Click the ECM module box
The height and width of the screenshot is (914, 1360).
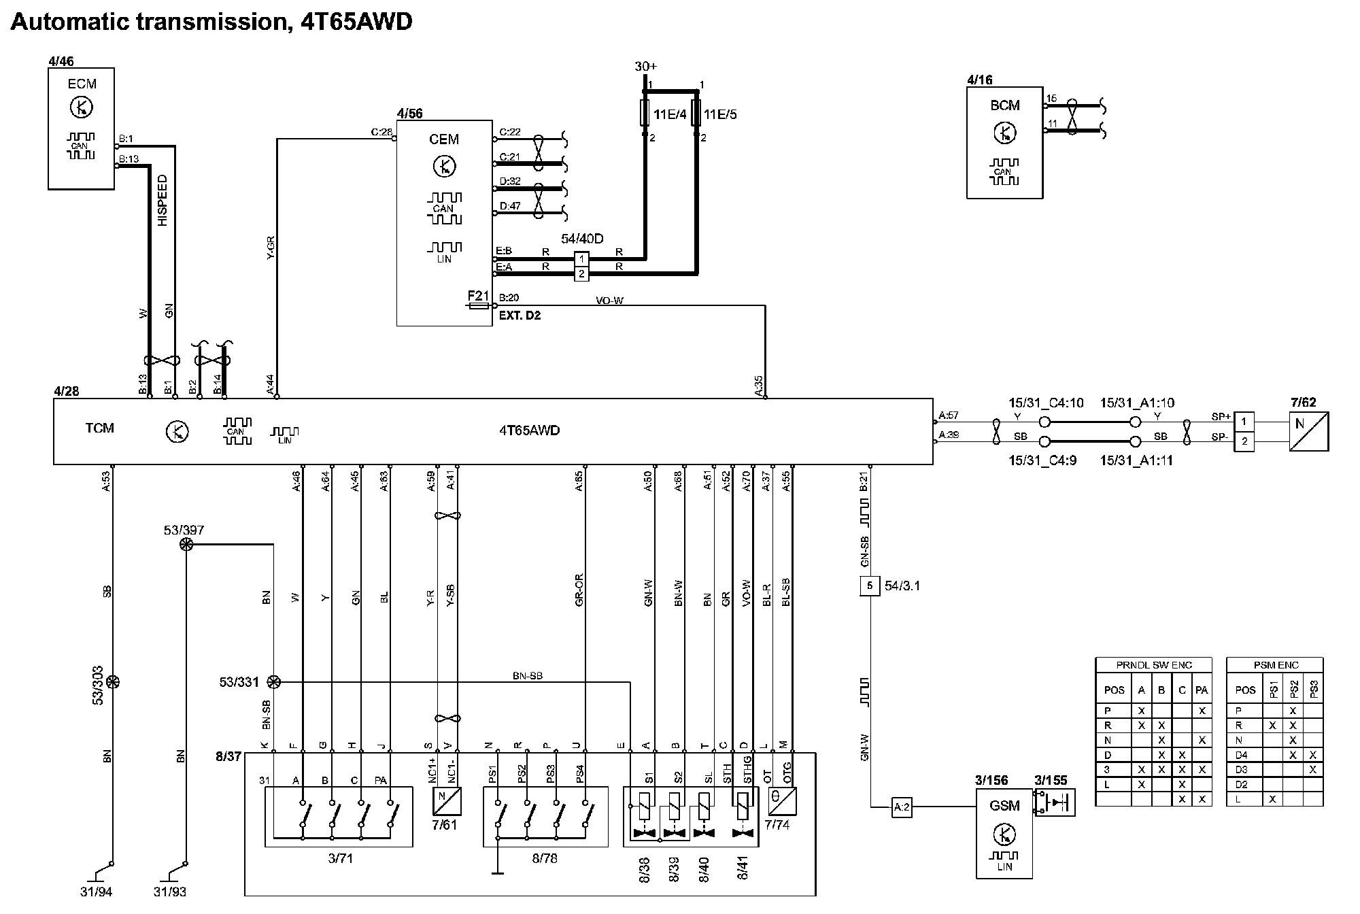pos(81,128)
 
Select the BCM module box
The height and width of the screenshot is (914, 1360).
pos(1004,142)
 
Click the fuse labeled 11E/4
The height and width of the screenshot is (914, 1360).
pos(645,113)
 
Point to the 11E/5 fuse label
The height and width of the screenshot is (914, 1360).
pos(720,114)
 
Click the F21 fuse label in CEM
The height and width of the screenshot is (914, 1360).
pos(478,296)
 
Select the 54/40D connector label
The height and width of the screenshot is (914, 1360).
pos(582,239)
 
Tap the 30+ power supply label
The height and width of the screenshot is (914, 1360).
pos(646,67)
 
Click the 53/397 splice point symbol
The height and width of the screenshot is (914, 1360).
pos(186,545)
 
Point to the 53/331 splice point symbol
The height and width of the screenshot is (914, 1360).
pos(273,681)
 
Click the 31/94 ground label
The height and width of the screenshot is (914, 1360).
pos(96,892)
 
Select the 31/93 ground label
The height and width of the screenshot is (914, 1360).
pos(170,892)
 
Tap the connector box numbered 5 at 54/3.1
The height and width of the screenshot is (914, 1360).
pos(870,586)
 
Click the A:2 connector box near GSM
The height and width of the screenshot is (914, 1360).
pos(902,807)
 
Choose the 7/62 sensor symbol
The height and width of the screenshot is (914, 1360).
pos(1308,431)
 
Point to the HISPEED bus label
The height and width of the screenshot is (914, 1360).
pos(162,201)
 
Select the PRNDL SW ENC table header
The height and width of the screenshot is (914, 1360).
pos(1153,665)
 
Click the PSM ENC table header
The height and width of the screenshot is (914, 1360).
pos(1275,665)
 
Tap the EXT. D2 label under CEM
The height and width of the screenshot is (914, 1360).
pos(520,316)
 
